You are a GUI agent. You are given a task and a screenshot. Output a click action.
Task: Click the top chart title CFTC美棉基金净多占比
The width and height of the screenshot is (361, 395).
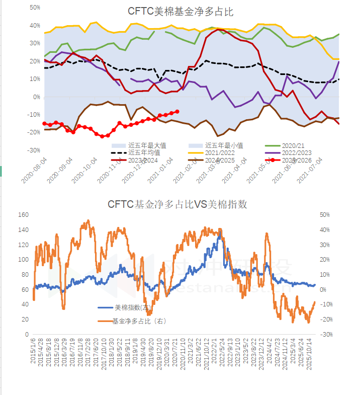(180, 11)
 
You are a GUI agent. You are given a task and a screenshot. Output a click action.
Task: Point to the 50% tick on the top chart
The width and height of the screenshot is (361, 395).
(35, 8)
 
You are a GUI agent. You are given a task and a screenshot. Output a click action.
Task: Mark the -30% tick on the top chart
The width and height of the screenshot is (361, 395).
(34, 150)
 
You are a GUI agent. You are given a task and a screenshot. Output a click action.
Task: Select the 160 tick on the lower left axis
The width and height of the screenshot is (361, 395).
(23, 215)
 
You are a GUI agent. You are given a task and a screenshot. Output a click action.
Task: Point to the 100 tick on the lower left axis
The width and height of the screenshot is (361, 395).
(23, 260)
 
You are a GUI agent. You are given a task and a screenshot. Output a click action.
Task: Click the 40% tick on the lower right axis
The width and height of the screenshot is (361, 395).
(324, 230)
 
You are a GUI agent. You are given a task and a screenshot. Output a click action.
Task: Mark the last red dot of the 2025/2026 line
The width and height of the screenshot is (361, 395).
(177, 112)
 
